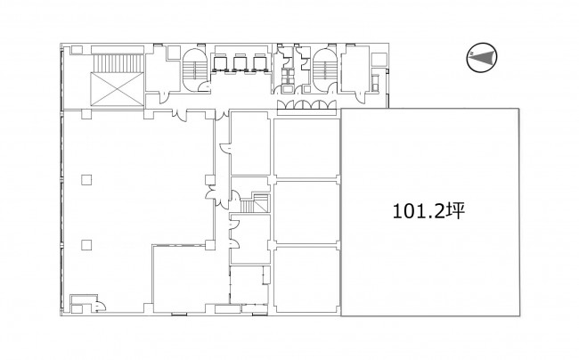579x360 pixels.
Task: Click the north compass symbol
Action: click(x=482, y=57)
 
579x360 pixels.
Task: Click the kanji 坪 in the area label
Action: click(x=454, y=211)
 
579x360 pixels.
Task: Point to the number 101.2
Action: click(x=419, y=211)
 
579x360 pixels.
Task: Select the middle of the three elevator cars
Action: click(x=240, y=62)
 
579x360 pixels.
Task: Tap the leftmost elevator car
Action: click(x=220, y=62)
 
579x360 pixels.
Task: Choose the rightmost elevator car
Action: click(x=259, y=62)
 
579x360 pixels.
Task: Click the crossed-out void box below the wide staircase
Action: click(x=117, y=89)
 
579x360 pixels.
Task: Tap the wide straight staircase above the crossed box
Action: click(x=118, y=63)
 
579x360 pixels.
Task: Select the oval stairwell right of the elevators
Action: click(x=324, y=70)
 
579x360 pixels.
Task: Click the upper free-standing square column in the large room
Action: click(x=86, y=180)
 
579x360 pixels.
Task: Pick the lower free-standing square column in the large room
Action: click(x=86, y=245)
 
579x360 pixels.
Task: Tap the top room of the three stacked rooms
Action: click(x=306, y=148)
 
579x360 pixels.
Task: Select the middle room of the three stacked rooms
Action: click(x=306, y=212)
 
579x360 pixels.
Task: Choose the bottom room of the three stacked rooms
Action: click(x=306, y=280)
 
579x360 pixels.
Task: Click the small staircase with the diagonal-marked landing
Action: click(x=255, y=202)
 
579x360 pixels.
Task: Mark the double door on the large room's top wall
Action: click(x=181, y=114)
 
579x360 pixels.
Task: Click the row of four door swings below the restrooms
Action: click(x=306, y=104)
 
